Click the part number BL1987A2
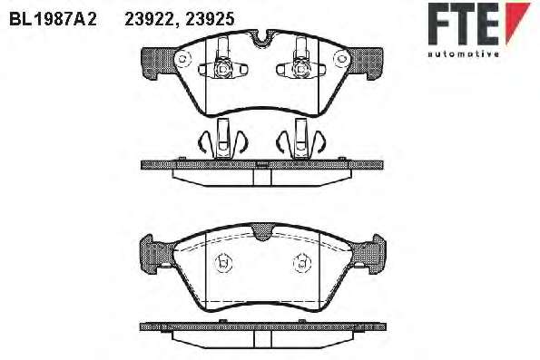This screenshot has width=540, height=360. point(53,19)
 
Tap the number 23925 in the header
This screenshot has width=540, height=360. point(210,19)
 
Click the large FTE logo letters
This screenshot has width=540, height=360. point(464,24)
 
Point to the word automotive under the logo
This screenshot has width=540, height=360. point(464,54)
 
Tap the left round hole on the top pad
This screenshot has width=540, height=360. point(182,58)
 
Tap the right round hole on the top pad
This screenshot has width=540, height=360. point(341,58)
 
